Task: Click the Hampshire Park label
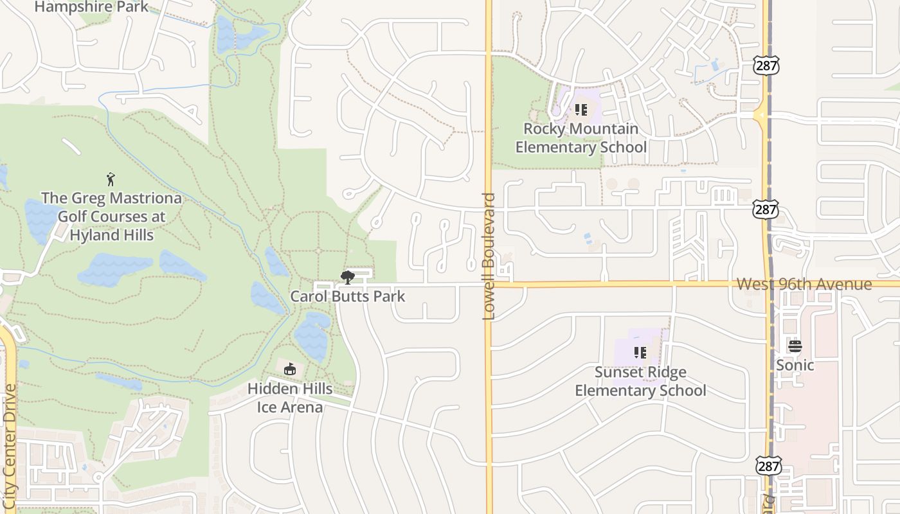91,7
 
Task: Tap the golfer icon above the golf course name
111,179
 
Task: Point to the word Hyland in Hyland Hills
93,235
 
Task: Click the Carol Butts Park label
348,296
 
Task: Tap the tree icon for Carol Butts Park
348,278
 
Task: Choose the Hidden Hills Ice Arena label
290,398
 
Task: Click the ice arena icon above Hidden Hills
290,369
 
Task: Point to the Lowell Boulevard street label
489,256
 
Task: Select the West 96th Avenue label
804,284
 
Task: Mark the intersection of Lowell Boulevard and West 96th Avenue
489,283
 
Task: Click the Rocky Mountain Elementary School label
581,137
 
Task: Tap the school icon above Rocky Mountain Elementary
581,110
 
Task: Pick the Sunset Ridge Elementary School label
640,381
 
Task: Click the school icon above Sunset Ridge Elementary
640,352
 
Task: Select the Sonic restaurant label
795,365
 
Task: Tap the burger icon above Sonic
795,346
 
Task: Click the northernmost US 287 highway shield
766,64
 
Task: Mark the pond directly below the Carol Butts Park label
313,334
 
